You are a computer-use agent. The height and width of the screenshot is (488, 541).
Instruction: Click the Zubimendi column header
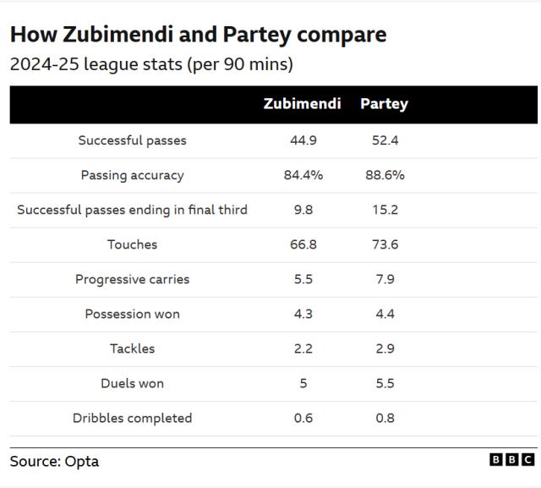pyautogui.click(x=302, y=104)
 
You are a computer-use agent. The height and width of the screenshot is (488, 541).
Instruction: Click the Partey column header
pyautogui.click(x=384, y=104)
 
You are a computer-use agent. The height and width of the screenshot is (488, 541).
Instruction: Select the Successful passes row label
pyautogui.click(x=132, y=140)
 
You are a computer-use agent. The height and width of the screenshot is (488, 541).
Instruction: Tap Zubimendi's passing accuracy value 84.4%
pyautogui.click(x=303, y=175)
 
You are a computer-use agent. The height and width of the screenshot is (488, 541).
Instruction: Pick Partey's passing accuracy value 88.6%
pyautogui.click(x=385, y=175)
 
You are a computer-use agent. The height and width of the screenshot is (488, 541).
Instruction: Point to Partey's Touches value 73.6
pyautogui.click(x=385, y=244)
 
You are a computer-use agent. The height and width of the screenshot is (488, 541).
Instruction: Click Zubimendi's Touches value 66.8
pyautogui.click(x=303, y=244)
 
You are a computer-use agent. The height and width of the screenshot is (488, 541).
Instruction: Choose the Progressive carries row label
pyautogui.click(x=132, y=279)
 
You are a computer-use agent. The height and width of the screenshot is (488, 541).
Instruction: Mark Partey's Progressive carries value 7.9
pyautogui.click(x=385, y=279)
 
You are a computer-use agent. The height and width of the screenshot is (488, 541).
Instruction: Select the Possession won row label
pyautogui.click(x=132, y=314)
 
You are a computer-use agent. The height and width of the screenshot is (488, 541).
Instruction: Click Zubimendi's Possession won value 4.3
pyautogui.click(x=303, y=314)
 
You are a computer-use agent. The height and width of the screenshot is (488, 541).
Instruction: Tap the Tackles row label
pyautogui.click(x=132, y=348)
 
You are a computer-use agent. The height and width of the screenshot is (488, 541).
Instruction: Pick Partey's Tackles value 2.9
pyautogui.click(x=385, y=348)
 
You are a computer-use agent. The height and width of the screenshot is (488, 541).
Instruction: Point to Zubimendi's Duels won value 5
pyautogui.click(x=303, y=383)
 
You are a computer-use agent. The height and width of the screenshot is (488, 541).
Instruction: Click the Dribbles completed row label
pyautogui.click(x=132, y=418)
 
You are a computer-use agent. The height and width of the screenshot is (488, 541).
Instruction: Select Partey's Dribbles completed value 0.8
pyautogui.click(x=385, y=418)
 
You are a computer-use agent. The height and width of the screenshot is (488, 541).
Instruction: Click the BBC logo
pyautogui.click(x=511, y=459)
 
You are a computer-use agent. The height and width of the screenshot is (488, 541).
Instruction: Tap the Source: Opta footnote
pyautogui.click(x=54, y=461)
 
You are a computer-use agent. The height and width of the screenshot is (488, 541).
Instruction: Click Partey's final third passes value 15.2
pyautogui.click(x=385, y=210)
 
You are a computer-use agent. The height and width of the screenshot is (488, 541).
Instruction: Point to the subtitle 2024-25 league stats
pyautogui.click(x=151, y=64)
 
